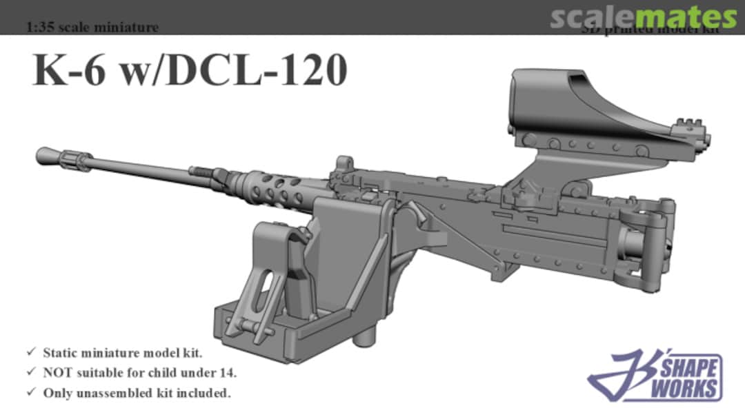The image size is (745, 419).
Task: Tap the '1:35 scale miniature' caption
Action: click(92, 28)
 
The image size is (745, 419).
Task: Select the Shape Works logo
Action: click(656, 376)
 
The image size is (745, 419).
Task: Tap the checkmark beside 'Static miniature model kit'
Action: click(31, 353)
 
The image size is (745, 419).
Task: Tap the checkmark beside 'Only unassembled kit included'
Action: click(31, 393)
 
